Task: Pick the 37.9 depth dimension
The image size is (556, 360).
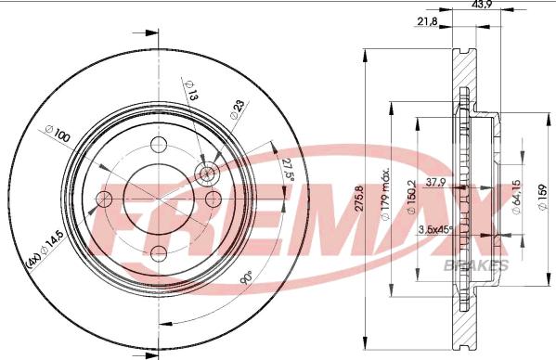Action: coord(435,182)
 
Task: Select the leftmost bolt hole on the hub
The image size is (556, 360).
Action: coord(104,199)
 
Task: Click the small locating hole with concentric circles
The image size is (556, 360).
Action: coord(207,174)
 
